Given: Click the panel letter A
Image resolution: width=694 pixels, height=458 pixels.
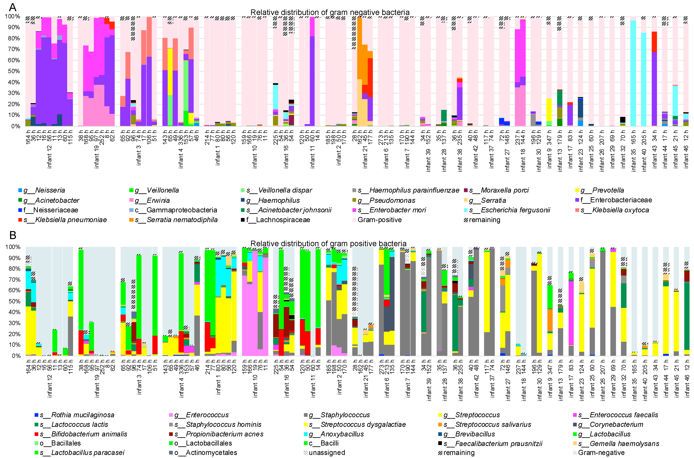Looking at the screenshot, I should click(13, 7).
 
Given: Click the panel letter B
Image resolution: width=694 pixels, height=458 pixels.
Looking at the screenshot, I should click(13, 235).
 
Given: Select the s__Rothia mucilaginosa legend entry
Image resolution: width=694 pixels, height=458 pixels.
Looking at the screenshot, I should click(77, 415).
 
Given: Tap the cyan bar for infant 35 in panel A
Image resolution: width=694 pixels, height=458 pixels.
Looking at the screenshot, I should click(633, 73).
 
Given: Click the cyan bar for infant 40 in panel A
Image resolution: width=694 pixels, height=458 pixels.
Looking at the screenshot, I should click(644, 79).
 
